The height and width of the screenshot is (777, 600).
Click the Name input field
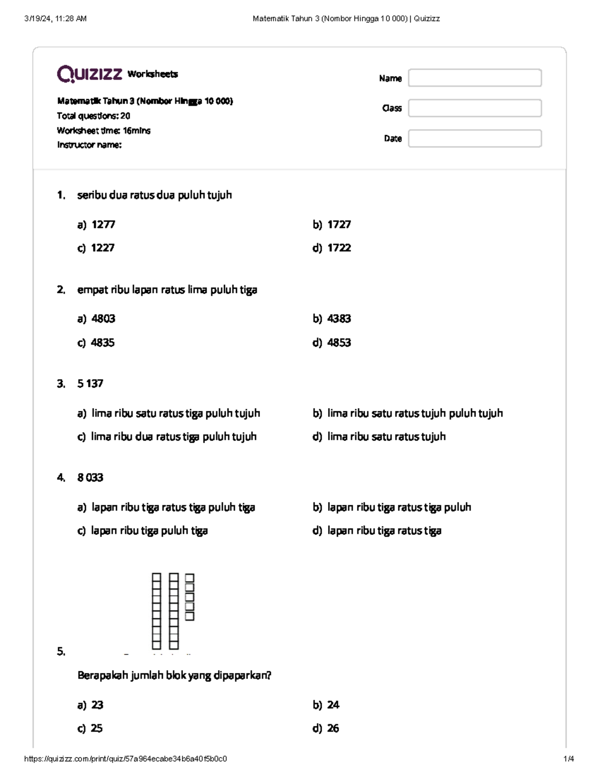click(x=474, y=78)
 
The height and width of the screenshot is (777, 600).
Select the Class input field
click(x=474, y=108)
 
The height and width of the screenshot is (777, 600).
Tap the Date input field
click(x=474, y=139)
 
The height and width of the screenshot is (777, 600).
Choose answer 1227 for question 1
click(x=102, y=248)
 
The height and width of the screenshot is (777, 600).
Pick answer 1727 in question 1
click(x=338, y=225)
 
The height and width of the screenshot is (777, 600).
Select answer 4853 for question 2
click(x=338, y=343)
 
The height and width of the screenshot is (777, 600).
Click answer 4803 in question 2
click(x=103, y=319)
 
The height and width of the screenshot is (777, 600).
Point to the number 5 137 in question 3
click(x=90, y=384)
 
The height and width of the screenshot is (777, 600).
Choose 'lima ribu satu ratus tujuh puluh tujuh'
click(x=414, y=413)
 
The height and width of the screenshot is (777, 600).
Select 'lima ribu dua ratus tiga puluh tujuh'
click(x=173, y=437)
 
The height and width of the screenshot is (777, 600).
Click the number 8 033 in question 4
click(x=90, y=478)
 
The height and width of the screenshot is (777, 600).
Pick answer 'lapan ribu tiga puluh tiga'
click(x=149, y=531)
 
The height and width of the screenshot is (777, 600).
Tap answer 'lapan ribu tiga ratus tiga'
click(x=384, y=531)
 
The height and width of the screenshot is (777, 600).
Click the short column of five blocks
click(x=189, y=597)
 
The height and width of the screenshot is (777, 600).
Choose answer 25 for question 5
click(x=96, y=728)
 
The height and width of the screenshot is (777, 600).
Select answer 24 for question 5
click(x=333, y=705)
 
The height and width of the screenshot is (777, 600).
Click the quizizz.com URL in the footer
click(x=125, y=758)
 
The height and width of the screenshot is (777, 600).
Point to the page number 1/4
click(x=568, y=758)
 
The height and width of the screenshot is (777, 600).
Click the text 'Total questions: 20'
click(x=93, y=116)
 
